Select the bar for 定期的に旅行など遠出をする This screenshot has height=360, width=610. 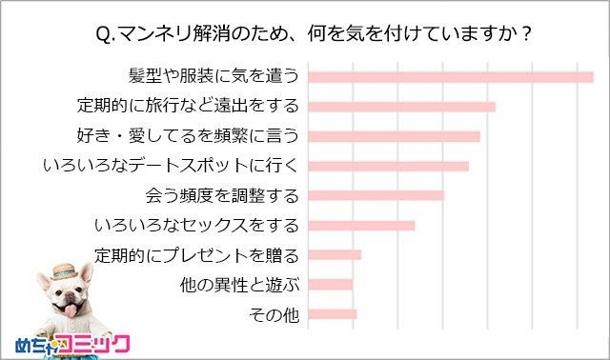pos(403,107)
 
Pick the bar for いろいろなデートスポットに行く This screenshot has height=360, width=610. pos(390,166)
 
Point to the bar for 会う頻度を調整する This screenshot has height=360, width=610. pos(377,195)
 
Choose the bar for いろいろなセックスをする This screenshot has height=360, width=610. pos(363,225)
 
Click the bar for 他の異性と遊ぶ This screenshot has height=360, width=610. pos(332,284)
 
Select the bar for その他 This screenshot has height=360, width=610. pos(334,313)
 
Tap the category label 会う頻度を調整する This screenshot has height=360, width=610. pos(222,196)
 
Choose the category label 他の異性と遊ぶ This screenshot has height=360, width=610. pos(240,284)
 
